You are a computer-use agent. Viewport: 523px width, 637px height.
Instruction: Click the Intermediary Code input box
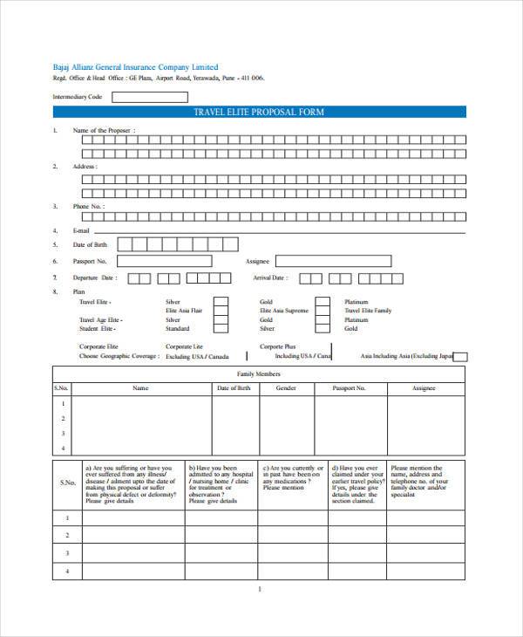(149, 97)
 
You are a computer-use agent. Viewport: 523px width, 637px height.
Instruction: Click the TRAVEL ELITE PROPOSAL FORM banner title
(259, 112)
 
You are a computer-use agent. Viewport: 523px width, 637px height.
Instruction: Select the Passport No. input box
(164, 261)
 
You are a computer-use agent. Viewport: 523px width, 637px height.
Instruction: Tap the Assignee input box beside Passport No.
(333, 261)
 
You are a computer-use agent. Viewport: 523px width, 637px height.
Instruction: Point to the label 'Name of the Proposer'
(104, 130)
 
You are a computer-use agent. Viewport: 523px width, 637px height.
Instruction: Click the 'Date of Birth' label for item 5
(90, 244)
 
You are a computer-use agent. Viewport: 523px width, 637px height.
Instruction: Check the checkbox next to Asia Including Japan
(461, 357)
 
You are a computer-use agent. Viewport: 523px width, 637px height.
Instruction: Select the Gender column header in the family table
(287, 387)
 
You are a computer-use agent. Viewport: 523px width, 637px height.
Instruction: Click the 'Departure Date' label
(94, 277)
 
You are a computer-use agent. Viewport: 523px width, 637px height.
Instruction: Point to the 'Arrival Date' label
(269, 277)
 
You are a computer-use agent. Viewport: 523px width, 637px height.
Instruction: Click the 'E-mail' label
(82, 230)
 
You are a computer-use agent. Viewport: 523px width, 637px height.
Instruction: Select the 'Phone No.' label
(88, 207)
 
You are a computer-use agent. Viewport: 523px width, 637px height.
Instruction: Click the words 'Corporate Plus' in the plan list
(278, 346)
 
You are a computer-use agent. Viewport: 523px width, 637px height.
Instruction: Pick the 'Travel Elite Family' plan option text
(368, 311)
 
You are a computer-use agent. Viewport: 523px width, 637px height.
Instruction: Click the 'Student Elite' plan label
(97, 329)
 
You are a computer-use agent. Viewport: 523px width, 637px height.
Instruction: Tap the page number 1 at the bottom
(260, 589)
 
